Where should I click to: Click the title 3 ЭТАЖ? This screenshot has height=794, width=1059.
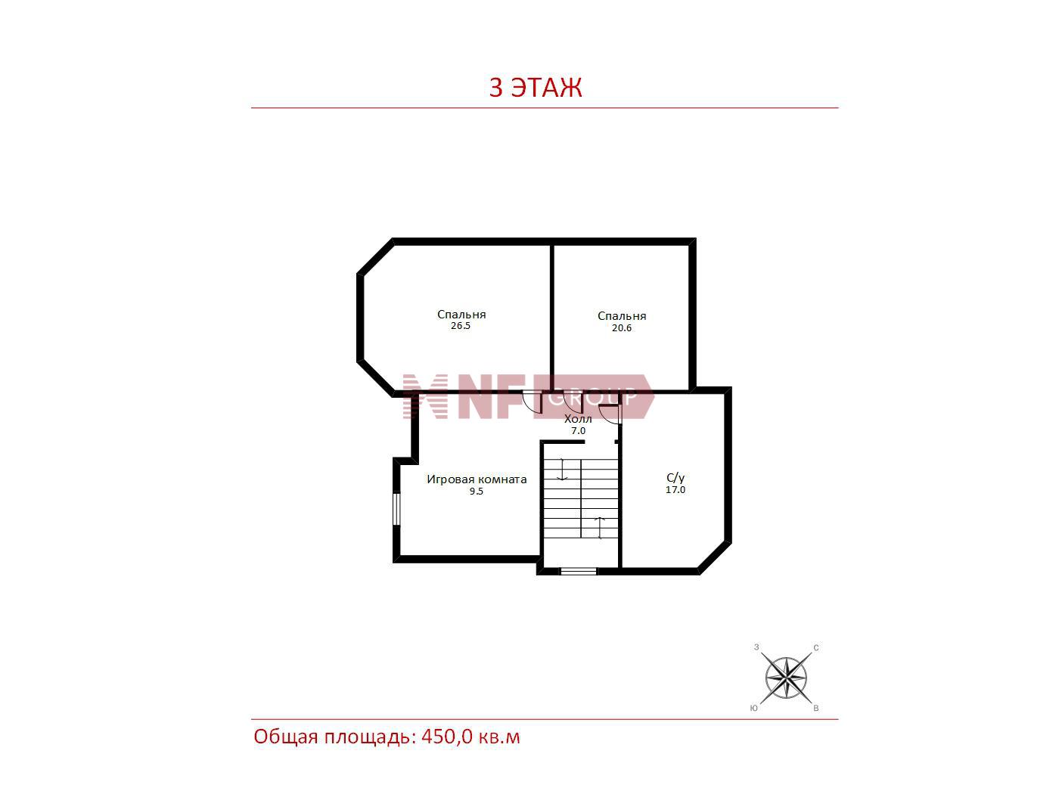536,88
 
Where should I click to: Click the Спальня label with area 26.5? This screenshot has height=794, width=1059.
461,315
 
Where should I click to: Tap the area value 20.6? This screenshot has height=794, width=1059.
622,328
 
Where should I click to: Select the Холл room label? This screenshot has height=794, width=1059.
578,418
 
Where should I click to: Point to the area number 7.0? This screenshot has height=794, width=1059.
578,430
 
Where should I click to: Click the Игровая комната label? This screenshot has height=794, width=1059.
477,479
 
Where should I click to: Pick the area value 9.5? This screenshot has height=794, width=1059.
477,492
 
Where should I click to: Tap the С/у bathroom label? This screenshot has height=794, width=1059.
675,478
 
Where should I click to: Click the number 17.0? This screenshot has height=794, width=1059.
675,490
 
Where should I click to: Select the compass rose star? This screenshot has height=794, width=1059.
786,678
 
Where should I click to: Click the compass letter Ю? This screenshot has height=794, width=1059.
754,709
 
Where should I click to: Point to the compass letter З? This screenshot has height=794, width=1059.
756,647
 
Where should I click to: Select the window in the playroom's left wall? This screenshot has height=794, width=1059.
396,508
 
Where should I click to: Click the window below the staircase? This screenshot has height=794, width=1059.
579,572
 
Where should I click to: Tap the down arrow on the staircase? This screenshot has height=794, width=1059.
562,470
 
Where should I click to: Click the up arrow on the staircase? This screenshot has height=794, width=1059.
600,527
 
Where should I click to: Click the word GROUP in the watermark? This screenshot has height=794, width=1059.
593,397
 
